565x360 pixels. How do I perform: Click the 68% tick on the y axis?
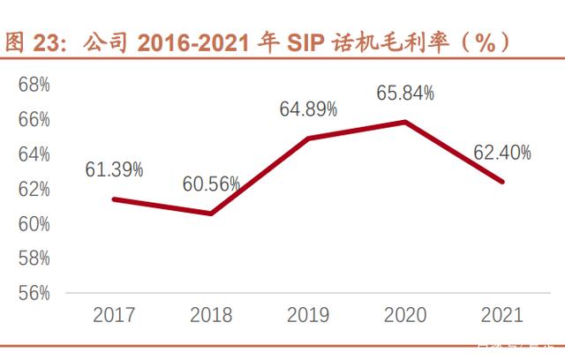click(x=34, y=85)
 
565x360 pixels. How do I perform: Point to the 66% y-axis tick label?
click(x=34, y=119)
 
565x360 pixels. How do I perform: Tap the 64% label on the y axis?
click(x=34, y=154)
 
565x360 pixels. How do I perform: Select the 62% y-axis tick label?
click(x=34, y=189)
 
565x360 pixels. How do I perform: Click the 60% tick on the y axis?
click(x=34, y=224)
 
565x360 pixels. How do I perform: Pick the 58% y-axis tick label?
click(x=34, y=259)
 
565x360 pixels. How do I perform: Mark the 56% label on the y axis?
click(x=34, y=293)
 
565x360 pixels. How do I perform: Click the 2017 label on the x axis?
click(x=114, y=314)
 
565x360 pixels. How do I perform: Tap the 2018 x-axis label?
click(x=211, y=314)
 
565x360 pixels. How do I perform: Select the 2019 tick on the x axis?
click(x=308, y=314)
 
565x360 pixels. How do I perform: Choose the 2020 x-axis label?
click(x=405, y=314)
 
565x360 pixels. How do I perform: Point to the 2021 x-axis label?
click(x=501, y=314)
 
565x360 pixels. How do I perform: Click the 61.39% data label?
click(x=115, y=170)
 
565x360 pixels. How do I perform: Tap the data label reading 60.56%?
click(x=212, y=184)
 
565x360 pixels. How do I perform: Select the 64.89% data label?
click(x=308, y=110)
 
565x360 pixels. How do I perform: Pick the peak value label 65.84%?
click(x=405, y=94)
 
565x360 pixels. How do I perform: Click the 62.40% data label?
click(x=502, y=154)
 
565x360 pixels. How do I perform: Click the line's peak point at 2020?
click(x=405, y=122)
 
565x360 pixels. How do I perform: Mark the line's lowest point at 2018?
click(x=211, y=214)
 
